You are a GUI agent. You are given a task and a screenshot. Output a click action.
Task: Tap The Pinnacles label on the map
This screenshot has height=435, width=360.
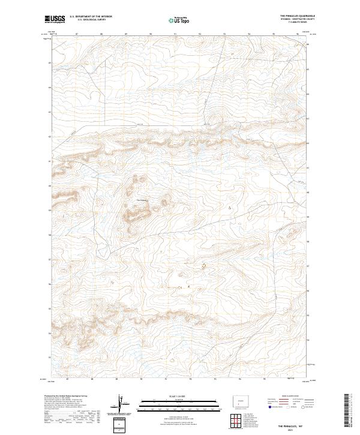point(142,200)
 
